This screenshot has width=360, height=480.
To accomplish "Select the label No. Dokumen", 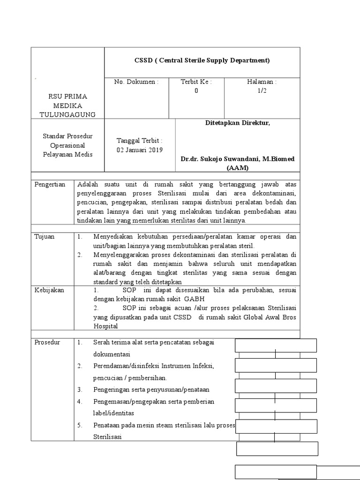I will point(136,82).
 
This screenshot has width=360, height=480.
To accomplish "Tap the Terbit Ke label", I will point(196,82).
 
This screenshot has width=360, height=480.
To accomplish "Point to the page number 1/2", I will point(262,91).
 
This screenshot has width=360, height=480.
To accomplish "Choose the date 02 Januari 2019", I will point(139,150).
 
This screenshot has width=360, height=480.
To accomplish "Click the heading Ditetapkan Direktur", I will point(238,123).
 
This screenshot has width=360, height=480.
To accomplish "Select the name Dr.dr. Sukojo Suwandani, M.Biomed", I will point(238,159).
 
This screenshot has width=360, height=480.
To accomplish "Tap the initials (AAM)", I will point(237,168).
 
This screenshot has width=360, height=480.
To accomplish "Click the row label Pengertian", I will point(50,184).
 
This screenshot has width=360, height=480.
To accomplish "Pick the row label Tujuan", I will point(45,237).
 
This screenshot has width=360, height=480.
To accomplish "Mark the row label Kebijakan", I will point(50,290).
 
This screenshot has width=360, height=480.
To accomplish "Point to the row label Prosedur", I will point(48,343).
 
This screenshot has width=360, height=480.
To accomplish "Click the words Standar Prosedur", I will point(68,136).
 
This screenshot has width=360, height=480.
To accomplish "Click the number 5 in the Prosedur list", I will point(80,425).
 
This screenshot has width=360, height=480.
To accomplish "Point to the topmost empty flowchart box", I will point(275,345).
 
